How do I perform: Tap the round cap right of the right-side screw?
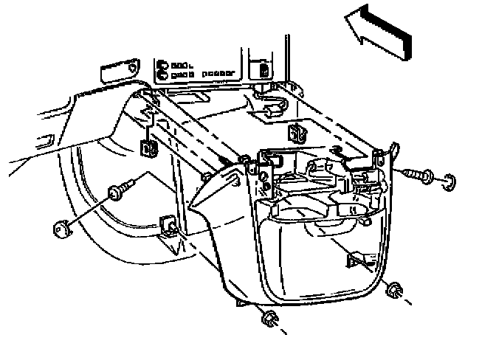coord(449,181)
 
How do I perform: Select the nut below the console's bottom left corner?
coord(269,318)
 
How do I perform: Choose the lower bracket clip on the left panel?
coord(168,224)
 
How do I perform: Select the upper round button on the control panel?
coord(161,64)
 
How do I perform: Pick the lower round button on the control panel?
coord(161,75)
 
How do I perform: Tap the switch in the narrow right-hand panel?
coord(264,71)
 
